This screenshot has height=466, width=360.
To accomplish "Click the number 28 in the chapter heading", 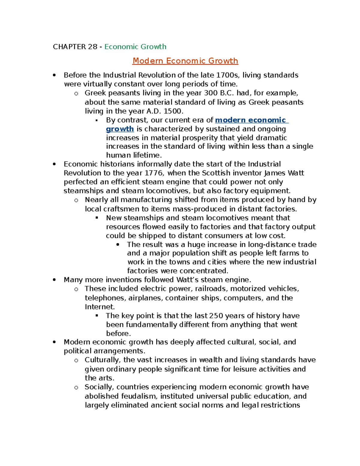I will click(x=92, y=47).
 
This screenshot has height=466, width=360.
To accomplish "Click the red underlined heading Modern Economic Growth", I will click(x=185, y=61).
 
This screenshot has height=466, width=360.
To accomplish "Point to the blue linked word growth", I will click(x=120, y=129).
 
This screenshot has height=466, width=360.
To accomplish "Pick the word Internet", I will click(x=99, y=307).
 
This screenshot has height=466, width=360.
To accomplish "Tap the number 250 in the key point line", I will click(x=216, y=316).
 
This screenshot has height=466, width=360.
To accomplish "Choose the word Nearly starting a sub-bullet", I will click(x=96, y=200).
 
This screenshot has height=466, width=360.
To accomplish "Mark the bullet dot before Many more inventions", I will click(x=54, y=280).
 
